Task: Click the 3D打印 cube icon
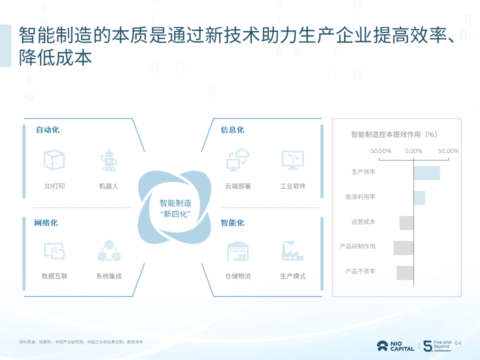tap(54, 159)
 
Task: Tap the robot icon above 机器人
tap(108, 158)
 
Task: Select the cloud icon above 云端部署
tap(237, 159)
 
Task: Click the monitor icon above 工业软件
tap(292, 159)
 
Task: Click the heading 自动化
tap(47, 130)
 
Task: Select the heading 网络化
tap(46, 223)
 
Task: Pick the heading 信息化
tap(232, 130)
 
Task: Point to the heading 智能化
tap(232, 223)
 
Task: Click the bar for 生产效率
tap(426, 172)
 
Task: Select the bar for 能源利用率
tap(419, 197)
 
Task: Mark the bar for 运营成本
tap(406, 223)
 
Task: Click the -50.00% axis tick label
tap(379, 151)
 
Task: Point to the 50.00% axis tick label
tap(448, 151)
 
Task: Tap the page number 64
tap(458, 343)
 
